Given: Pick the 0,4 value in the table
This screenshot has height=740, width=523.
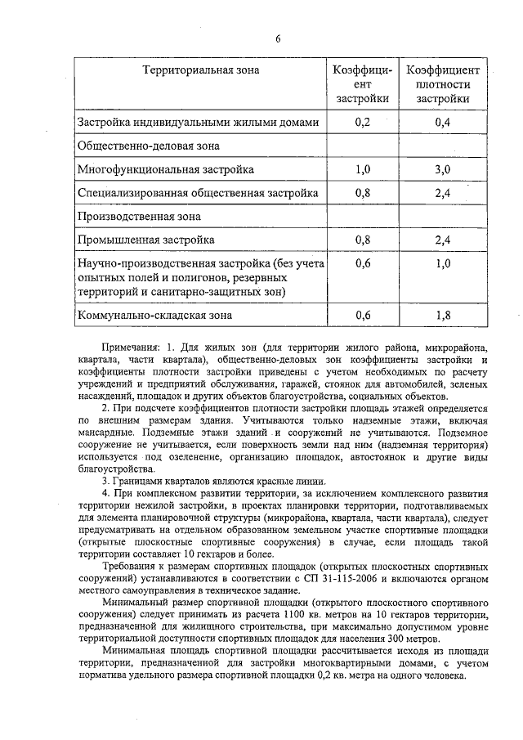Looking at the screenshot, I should (x=442, y=123).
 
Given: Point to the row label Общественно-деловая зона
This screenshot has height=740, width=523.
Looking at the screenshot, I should (x=148, y=146).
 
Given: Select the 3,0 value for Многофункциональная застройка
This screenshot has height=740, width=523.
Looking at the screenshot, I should (x=442, y=169).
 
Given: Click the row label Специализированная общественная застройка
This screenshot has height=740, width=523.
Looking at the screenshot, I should (x=198, y=193).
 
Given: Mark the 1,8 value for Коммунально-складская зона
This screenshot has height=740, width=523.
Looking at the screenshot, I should (x=442, y=314).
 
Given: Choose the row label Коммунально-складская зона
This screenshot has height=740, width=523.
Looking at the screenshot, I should (x=154, y=314).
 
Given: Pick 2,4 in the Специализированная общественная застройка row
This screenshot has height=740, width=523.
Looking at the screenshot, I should (x=442, y=193).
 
